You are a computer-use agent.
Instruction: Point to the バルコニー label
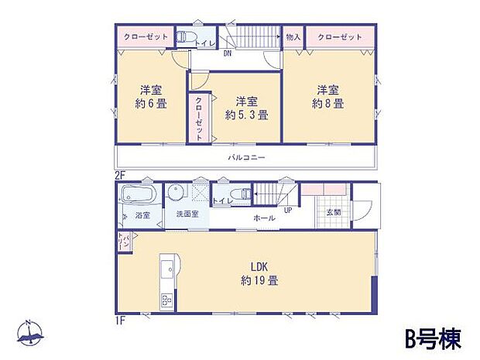pos(247,156)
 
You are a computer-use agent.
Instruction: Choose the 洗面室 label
pos(187,214)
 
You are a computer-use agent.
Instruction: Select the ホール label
pos(264,219)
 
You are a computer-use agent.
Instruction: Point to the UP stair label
pos(288,210)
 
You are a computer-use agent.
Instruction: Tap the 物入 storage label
pos(293,36)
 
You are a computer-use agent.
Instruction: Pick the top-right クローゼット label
pos(340,36)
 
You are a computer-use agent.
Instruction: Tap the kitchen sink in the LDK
pos(167,271)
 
